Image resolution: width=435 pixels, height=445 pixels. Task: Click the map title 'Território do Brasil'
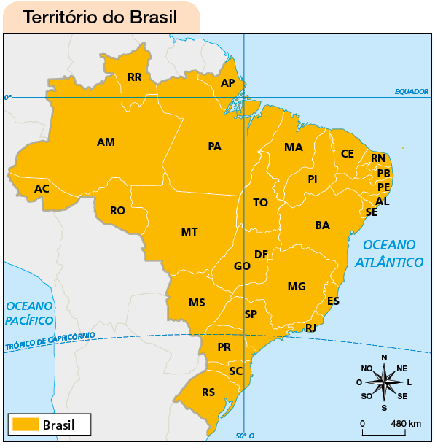pos(100,17)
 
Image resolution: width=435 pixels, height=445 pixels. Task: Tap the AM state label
pos(106,142)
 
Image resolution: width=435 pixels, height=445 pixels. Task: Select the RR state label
pos(134,77)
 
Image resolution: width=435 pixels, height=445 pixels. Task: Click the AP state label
pos(227,83)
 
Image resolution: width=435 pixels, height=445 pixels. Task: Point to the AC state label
pos(42,189)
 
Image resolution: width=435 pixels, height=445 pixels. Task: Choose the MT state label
pos(189,232)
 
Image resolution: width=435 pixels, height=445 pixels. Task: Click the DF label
pos(261,255)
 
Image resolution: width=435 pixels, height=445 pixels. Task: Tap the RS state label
pos(208,392)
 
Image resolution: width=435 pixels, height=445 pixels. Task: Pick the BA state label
pos(322,225)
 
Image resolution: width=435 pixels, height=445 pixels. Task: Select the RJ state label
pos(310,328)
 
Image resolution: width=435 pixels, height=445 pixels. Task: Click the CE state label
pos(348,154)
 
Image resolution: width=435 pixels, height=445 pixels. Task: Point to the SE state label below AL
pos(372,212)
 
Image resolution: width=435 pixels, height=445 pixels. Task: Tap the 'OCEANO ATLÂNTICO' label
pos(389,253)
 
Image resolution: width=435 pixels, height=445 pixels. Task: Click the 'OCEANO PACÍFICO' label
pos(29,313)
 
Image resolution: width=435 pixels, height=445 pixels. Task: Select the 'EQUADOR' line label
pos(411,92)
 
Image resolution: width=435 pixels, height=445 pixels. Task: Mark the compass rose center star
pos(384,381)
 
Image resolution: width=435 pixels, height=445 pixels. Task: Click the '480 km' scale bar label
pos(406,424)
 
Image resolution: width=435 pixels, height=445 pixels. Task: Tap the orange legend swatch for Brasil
pos(25,424)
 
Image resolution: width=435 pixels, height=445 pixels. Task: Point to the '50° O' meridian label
pos(245,436)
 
